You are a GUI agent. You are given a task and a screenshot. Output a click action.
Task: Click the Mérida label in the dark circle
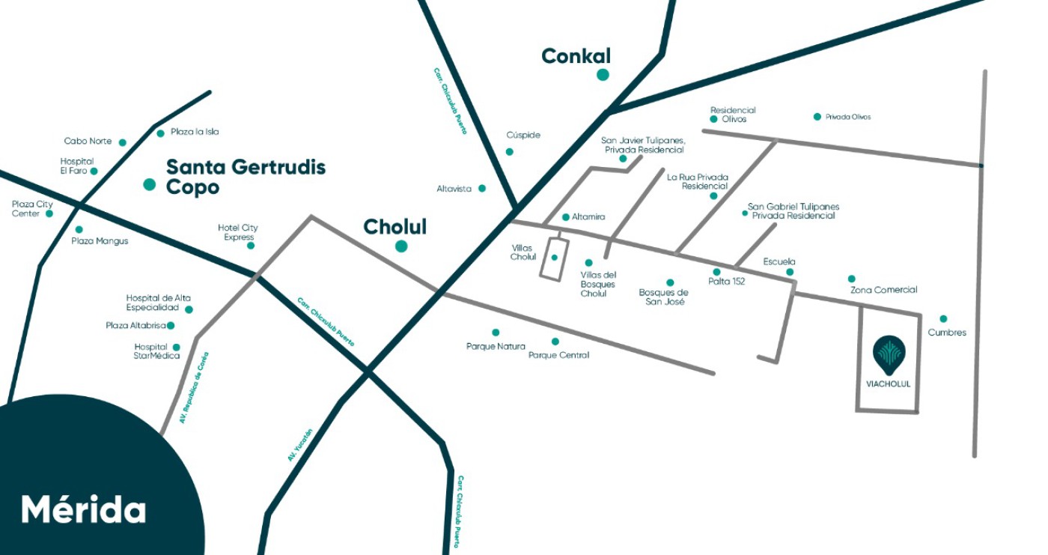click(x=83, y=509)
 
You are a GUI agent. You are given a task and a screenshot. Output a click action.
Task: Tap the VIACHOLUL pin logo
click(x=889, y=354)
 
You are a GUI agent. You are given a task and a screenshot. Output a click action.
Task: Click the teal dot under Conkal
click(x=603, y=75)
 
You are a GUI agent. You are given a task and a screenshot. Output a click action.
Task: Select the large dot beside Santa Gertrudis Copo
click(x=150, y=184)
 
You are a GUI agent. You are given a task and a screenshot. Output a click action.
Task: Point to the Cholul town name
click(x=394, y=227)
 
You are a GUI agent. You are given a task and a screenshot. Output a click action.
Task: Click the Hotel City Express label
click(x=237, y=232)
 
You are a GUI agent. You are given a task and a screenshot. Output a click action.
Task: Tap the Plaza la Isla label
click(x=195, y=132)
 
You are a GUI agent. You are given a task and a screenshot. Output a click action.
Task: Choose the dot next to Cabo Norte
click(x=123, y=142)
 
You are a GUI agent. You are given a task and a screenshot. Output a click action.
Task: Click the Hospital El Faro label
click(x=76, y=166)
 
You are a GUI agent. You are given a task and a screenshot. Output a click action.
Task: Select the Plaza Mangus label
click(x=100, y=241)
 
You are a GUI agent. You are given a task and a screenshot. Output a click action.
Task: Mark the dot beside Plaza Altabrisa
click(x=171, y=326)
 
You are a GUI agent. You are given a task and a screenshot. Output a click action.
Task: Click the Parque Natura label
click(x=496, y=346)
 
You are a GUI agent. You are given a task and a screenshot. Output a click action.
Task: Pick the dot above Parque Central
click(x=555, y=342)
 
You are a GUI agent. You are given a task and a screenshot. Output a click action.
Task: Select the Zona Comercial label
click(x=883, y=290)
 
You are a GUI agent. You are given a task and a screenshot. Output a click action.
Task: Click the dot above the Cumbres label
click(x=943, y=319)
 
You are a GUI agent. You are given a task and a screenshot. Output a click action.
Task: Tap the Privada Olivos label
click(x=848, y=117)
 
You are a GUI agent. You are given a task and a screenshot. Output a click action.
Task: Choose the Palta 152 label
click(x=726, y=282)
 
